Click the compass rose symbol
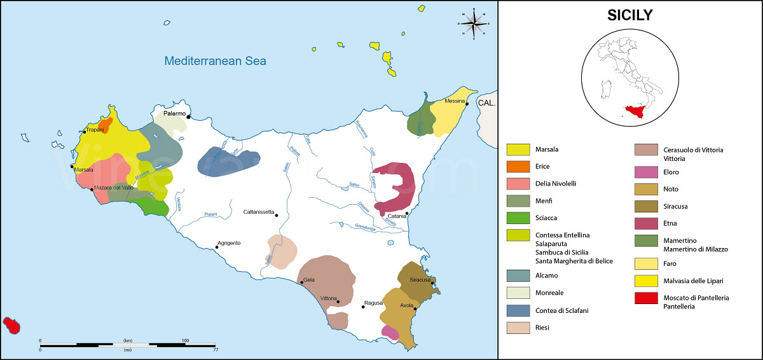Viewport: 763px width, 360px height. [474, 24]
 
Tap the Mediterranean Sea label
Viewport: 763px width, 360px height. [215, 61]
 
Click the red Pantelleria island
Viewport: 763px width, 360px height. [12, 325]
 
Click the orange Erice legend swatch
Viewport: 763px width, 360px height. [518, 167]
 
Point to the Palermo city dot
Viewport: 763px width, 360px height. [189, 116]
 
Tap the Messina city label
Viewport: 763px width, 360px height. [455, 101]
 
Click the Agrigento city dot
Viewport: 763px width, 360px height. [216, 248]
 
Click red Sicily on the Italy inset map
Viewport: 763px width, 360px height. [636, 111]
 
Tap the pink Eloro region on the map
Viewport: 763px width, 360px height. [390, 332]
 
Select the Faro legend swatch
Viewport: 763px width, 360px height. [646, 263]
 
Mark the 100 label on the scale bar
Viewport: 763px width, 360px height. [186, 341]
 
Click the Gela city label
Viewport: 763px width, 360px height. [309, 280]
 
